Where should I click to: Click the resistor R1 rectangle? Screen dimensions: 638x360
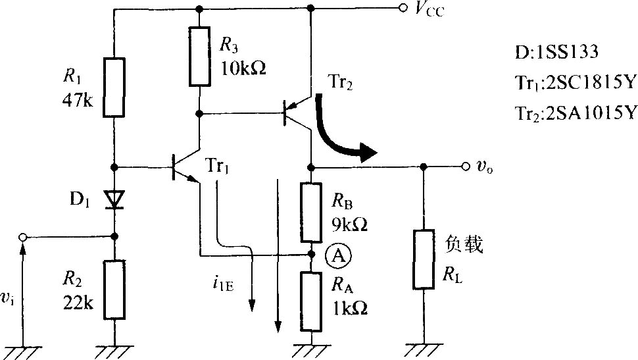point(114,88)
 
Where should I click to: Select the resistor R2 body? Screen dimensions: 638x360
point(114,290)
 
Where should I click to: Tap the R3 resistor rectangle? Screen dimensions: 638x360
point(200,56)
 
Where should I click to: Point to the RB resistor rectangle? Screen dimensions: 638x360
point(311,213)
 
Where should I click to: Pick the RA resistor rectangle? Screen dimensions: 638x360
point(311,302)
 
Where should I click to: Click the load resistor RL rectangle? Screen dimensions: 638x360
point(424,259)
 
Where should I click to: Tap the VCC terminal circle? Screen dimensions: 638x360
point(403,8)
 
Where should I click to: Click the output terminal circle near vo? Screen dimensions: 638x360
point(466,166)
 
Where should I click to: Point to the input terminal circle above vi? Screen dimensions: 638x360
point(23,237)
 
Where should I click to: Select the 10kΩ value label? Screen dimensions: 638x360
point(243,68)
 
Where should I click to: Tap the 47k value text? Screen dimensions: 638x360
point(78,99)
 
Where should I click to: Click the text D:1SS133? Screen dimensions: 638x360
point(556,52)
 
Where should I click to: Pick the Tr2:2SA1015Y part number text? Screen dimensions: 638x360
point(576,113)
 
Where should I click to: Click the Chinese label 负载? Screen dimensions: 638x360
point(464,244)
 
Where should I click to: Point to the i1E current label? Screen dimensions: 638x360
point(223,284)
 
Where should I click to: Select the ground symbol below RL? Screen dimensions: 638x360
point(424,351)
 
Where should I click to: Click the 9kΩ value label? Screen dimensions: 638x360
point(349,224)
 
